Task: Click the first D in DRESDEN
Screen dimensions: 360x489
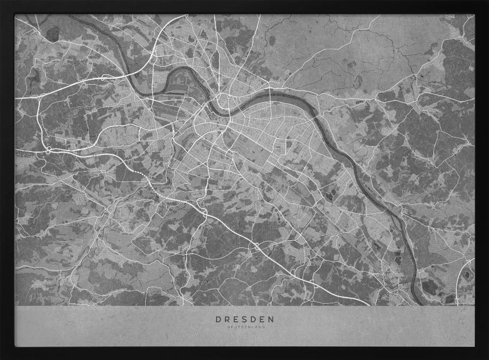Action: [218, 319]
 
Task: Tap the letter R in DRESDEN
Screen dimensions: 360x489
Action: [227, 319]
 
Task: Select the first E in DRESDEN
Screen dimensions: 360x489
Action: [237, 319]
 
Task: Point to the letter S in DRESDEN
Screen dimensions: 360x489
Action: [245, 319]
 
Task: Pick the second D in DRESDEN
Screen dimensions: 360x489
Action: [254, 319]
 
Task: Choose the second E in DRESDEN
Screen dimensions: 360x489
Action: [263, 319]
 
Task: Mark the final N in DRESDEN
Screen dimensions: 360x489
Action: [272, 319]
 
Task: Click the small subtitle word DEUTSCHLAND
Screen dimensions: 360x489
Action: [245, 327]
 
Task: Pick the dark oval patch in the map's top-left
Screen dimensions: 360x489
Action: [53, 33]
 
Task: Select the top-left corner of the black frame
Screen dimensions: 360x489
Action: [2, 2]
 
